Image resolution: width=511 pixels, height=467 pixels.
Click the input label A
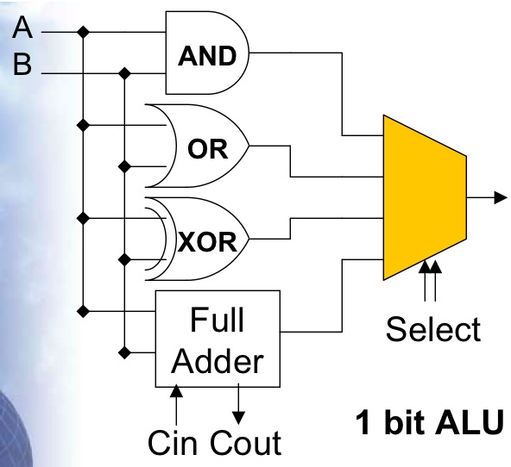coord(22,28)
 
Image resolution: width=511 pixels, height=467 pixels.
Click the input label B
coord(22,64)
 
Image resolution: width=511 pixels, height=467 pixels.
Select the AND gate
coord(207,53)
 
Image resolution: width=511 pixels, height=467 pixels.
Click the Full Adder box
coord(218,339)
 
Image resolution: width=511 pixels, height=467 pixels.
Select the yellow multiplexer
coord(425,197)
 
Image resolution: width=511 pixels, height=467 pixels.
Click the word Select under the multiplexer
coord(433,329)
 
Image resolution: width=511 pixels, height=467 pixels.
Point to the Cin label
coord(173,443)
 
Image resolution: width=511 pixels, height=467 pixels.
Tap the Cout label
coord(246,443)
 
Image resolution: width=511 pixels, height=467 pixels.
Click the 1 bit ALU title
coord(429,422)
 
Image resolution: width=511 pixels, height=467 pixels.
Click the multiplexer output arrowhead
coord(501,197)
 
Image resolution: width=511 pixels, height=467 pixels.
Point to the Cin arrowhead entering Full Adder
coord(176,391)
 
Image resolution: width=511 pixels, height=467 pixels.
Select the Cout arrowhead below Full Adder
coord(238,418)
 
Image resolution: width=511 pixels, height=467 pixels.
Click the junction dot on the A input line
coord(83,32)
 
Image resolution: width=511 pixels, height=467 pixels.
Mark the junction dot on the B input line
coord(124,73)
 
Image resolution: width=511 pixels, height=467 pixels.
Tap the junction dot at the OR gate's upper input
coord(83,125)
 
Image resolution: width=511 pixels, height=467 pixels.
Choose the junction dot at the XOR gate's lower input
coord(124,259)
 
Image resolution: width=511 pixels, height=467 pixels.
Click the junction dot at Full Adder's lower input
coord(124,352)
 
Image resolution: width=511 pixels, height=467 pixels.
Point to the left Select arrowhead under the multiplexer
coord(425,266)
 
